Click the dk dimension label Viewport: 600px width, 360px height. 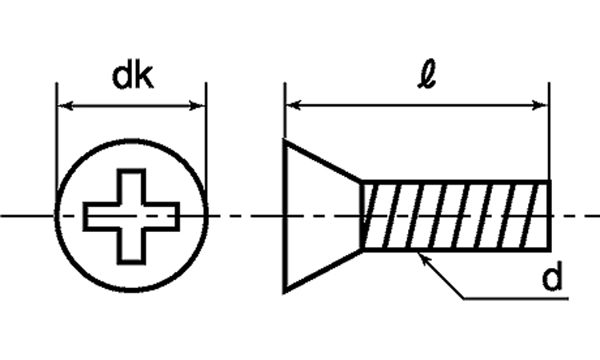(x=132, y=77)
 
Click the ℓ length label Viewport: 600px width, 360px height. (x=426, y=74)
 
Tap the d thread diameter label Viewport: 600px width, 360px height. (x=552, y=278)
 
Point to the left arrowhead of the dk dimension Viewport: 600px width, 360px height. (x=65, y=106)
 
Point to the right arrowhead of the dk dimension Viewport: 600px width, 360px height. (x=198, y=106)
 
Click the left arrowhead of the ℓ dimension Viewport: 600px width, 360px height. (x=294, y=105)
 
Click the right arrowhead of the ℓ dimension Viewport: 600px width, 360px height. (x=541, y=105)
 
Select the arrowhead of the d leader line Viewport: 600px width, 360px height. (x=424, y=258)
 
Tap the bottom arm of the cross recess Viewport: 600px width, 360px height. (x=131, y=246)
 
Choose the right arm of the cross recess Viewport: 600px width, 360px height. (x=162, y=217)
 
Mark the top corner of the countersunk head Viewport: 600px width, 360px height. (x=284, y=140)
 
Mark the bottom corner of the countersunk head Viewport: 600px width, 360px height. (x=284, y=293)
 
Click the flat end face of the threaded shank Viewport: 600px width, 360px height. (x=550, y=215)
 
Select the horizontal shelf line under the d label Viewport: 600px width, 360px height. (x=516, y=298)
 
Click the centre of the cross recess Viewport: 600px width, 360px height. (x=131, y=217)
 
